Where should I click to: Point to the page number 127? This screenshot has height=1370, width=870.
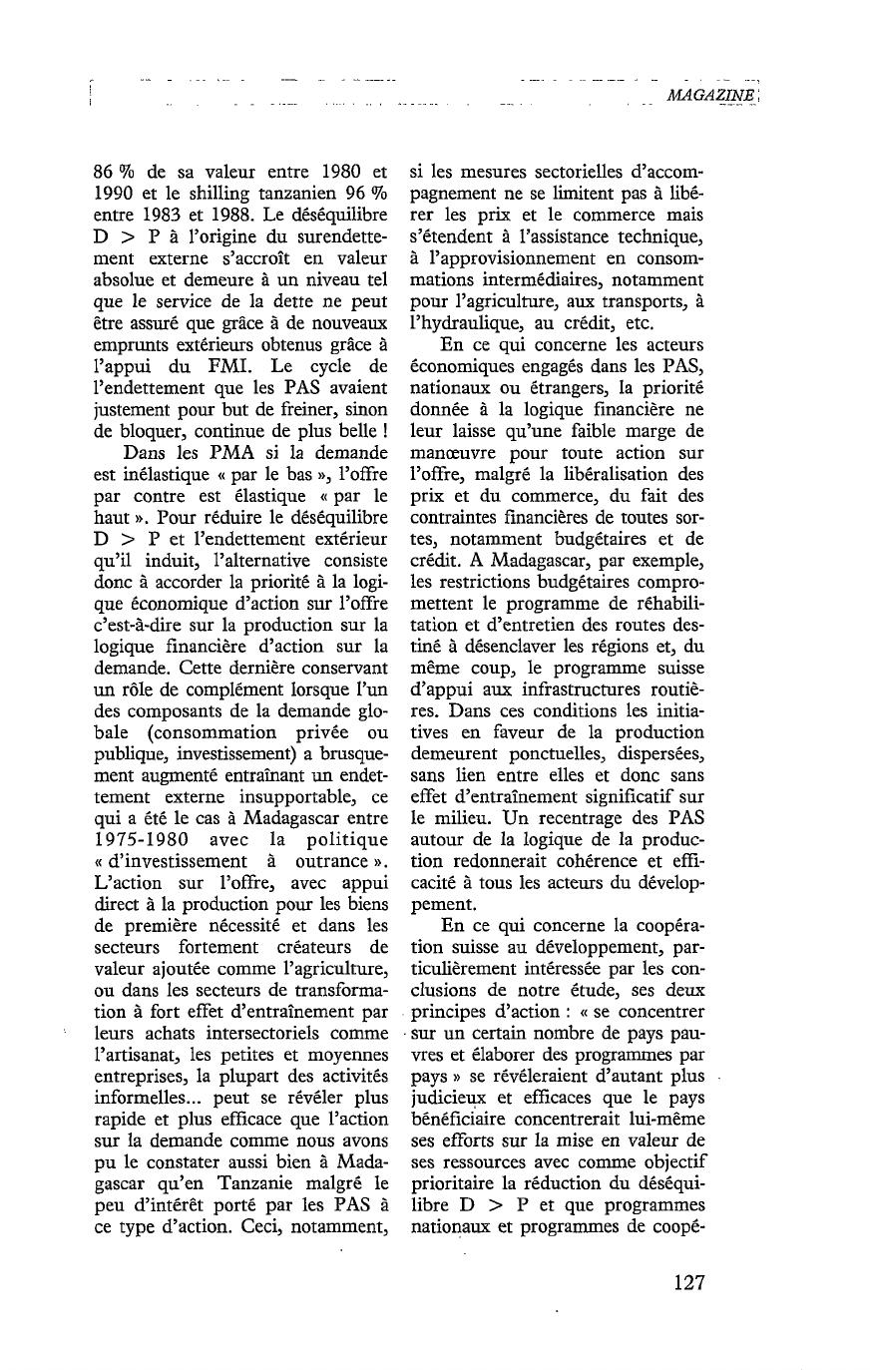click(x=689, y=1283)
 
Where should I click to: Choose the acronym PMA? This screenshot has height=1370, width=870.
click(x=230, y=452)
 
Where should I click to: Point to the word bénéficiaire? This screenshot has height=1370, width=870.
click(x=462, y=1120)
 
